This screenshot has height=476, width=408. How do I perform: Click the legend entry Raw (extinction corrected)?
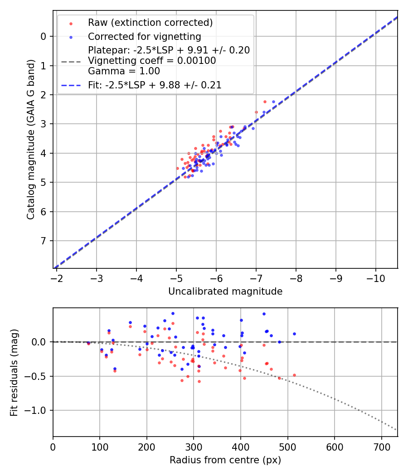tap(150, 23)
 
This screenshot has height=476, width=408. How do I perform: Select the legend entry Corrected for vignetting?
tap(144, 36)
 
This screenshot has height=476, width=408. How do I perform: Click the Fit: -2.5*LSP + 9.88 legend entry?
tap(154, 85)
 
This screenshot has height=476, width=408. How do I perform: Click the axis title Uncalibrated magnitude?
tap(225, 291)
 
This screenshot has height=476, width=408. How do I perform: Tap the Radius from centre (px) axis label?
tap(225, 460)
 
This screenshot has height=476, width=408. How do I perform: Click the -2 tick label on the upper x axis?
tap(57, 278)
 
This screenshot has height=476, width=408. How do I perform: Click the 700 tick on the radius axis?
tap(381, 447)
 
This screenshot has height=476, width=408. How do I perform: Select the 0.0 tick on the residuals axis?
tap(41, 342)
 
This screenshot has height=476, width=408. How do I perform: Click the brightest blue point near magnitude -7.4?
tap(273, 102)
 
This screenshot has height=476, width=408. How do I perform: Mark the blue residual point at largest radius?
tap(294, 334)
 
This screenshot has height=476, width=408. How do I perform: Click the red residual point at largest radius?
tap(294, 375)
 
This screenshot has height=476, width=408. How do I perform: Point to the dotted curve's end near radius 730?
tap(396, 429)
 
